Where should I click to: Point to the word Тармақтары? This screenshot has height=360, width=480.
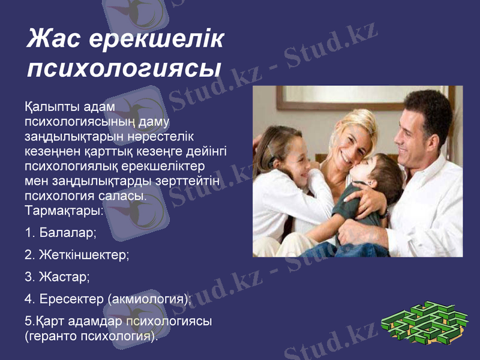[x=64, y=211]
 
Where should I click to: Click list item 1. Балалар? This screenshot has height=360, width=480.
[x=61, y=232]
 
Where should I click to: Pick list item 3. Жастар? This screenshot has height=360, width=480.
[x=58, y=277]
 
